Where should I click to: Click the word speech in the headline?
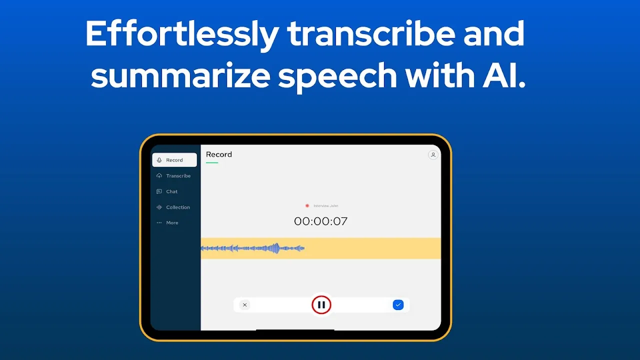pos(337,76)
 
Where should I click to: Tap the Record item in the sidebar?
pos(174,160)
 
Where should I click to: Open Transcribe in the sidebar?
pos(178,176)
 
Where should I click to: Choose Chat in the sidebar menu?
pos(171,191)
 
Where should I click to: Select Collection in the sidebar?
pos(177,207)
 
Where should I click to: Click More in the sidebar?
pos(171,223)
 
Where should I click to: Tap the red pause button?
pos(321,304)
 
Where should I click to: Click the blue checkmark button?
pos(398,304)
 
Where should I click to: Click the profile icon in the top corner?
pos(433,155)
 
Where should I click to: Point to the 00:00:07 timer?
pos(320,221)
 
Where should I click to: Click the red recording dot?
pos(307,206)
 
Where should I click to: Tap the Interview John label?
pos(325,206)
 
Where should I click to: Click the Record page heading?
pos(219,154)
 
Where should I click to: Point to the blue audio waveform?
pos(252,248)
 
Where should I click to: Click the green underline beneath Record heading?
pos(212,162)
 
